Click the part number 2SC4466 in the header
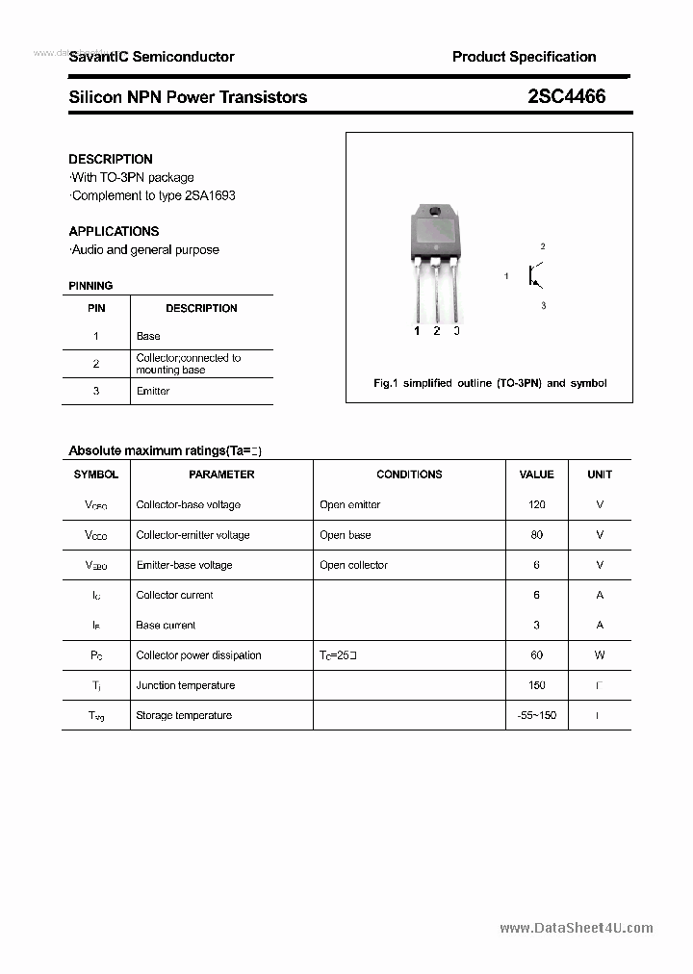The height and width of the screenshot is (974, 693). point(567,96)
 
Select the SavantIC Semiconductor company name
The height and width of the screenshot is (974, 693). point(151,57)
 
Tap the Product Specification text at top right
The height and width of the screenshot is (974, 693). point(524,57)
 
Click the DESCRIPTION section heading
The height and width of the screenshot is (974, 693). point(111,159)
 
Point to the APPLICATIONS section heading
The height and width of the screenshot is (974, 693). point(114,231)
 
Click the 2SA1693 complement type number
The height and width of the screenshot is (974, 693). point(210,195)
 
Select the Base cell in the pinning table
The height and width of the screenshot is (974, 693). point(148,336)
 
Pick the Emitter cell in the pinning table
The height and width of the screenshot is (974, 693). point(153,391)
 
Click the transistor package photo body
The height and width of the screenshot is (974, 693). point(435,236)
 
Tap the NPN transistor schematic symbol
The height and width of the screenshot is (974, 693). point(535,276)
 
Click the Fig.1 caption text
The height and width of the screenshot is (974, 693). point(490,383)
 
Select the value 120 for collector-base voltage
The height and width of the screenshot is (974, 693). point(536,504)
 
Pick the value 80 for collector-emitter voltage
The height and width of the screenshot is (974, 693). point(536,534)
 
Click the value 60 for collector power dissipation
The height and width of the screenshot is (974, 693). point(536,654)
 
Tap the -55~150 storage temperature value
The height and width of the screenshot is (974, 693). point(536,715)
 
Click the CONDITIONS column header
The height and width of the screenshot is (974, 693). point(409,474)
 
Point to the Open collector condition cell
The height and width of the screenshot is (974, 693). point(353,565)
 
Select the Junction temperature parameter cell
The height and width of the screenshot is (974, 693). point(185,685)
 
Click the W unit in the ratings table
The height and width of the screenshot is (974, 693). point(600,654)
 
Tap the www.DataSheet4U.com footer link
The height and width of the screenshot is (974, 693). point(577,928)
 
